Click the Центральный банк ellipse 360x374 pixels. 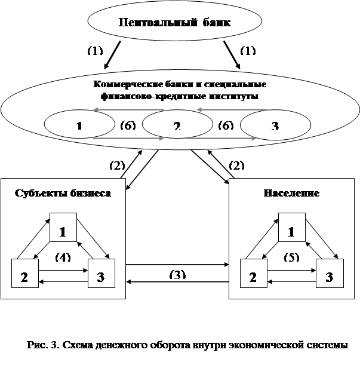(175, 23)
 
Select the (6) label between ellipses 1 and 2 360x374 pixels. (127, 125)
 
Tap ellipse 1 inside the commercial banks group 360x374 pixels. (79, 125)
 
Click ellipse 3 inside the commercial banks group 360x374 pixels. (275, 125)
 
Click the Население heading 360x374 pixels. (291, 194)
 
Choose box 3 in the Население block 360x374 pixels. (329, 275)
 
